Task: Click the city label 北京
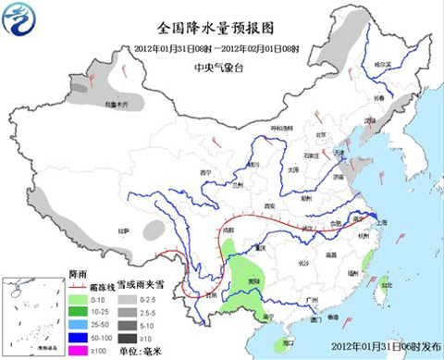[x=321, y=135]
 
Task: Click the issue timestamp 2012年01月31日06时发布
[x=378, y=347]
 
